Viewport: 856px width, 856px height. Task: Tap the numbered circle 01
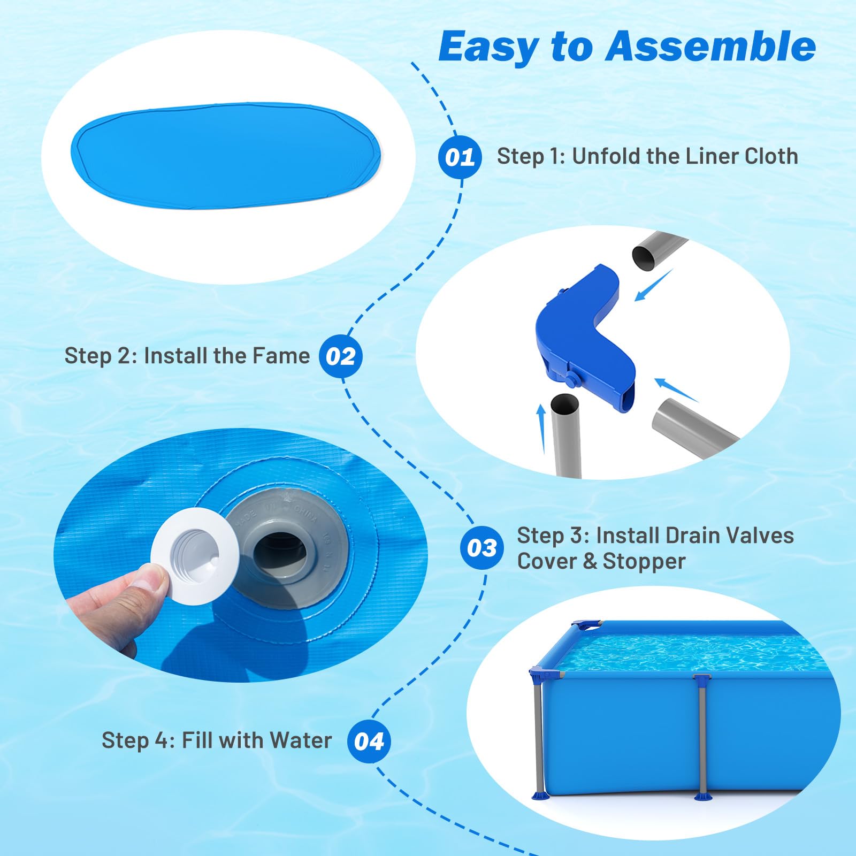coord(460,157)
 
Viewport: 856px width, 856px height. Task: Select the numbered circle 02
coord(341,356)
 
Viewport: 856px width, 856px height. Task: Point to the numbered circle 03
coord(482,548)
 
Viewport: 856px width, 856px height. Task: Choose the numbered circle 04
coord(369,742)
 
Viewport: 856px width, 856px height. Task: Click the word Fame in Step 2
coord(281,356)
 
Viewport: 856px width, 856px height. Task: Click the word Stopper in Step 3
coord(644,561)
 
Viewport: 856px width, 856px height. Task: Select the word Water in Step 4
coord(301,740)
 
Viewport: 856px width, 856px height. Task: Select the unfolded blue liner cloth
coord(225,155)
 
